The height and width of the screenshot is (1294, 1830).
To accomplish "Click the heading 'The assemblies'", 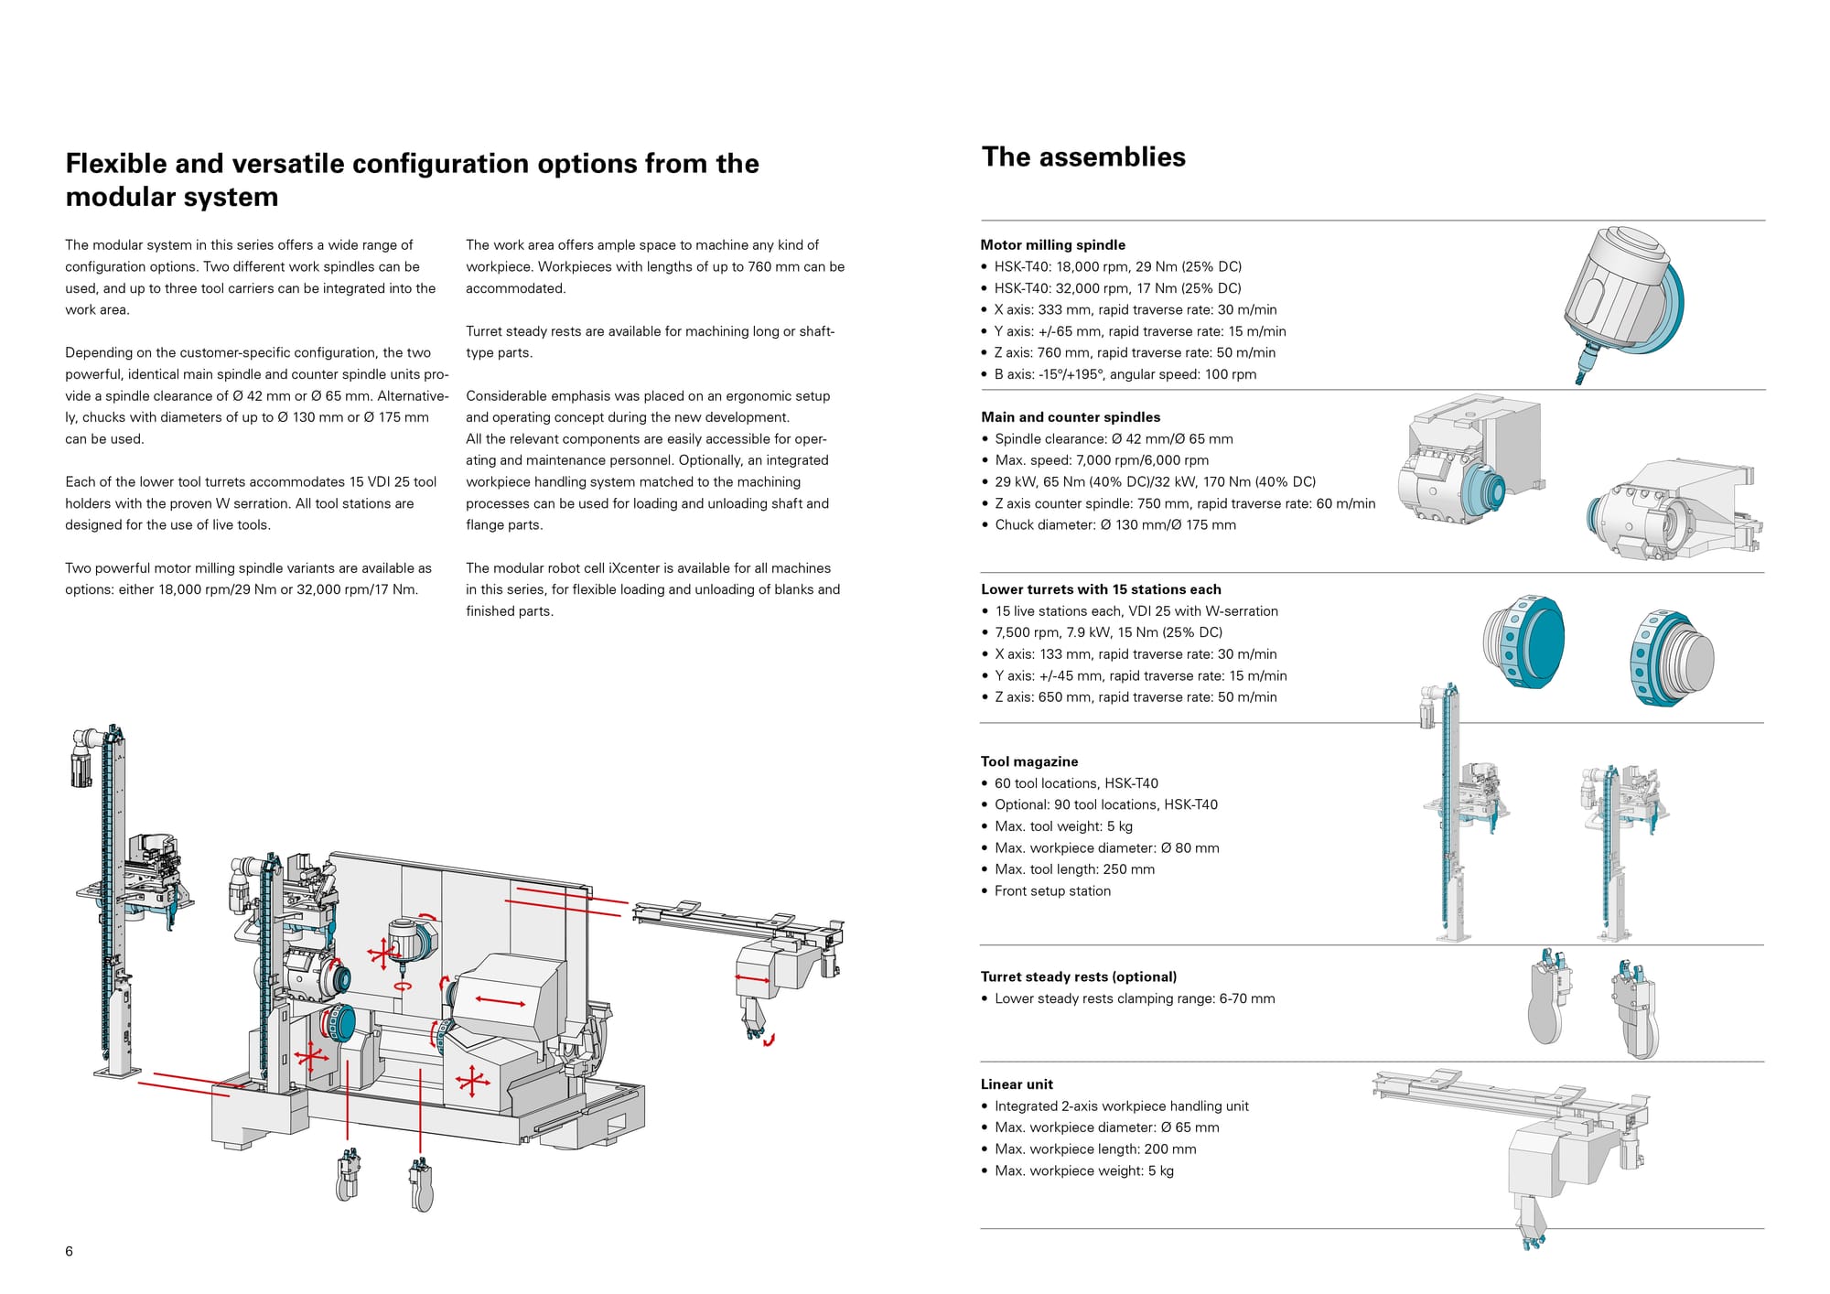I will tap(1083, 157).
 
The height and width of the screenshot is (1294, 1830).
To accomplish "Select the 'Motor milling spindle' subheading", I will tap(1052, 245).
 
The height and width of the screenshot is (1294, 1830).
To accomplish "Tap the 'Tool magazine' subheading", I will tap(1028, 761).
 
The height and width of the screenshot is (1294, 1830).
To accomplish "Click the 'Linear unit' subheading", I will tap(1017, 1084).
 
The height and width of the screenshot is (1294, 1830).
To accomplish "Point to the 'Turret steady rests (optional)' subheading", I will tap(1078, 977).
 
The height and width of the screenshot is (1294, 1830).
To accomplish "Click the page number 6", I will tap(70, 1251).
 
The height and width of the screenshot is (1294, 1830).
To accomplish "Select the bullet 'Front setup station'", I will tap(1052, 891).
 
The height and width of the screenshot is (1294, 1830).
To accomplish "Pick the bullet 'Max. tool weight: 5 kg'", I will tap(1063, 826).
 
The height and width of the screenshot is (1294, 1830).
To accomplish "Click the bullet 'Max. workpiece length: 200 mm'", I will tap(1095, 1149).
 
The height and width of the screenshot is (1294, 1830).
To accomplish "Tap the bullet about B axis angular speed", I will tap(1125, 374).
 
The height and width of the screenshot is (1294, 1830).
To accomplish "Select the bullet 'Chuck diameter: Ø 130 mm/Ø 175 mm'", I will tap(1114, 525).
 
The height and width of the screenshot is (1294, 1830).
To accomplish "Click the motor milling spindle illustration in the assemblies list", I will tap(1621, 302).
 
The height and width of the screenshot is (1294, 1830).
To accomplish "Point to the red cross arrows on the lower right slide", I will tap(472, 1082).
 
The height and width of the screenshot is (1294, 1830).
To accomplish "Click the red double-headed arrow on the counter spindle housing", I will tap(501, 1002).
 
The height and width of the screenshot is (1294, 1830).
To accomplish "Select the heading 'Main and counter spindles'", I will tap(1071, 417).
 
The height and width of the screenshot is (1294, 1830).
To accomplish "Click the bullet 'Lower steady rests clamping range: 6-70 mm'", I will tap(1135, 999).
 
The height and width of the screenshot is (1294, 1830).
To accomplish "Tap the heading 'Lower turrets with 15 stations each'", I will tap(1101, 590).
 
